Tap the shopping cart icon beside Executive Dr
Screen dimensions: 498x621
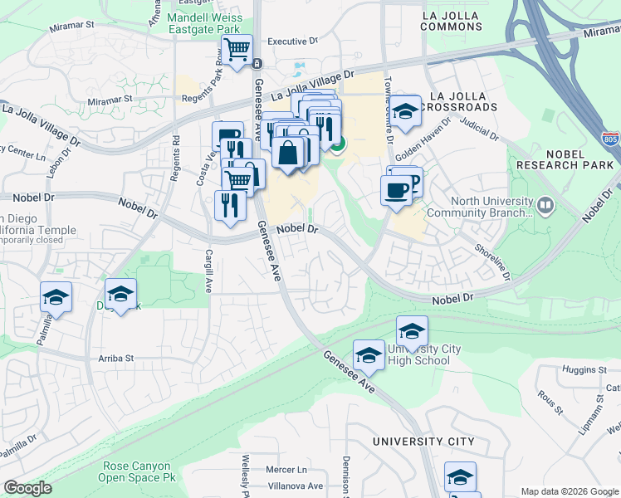(237, 49)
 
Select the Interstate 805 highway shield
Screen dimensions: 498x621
(610, 138)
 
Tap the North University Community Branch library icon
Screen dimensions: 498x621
(545, 203)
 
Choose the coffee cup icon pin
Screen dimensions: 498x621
(395, 190)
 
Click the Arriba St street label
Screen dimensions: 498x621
(116, 359)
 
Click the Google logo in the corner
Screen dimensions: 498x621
(27, 488)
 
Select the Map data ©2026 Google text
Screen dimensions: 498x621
(569, 491)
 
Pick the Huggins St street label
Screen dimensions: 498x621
(584, 369)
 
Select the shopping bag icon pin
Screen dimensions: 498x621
(287, 154)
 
